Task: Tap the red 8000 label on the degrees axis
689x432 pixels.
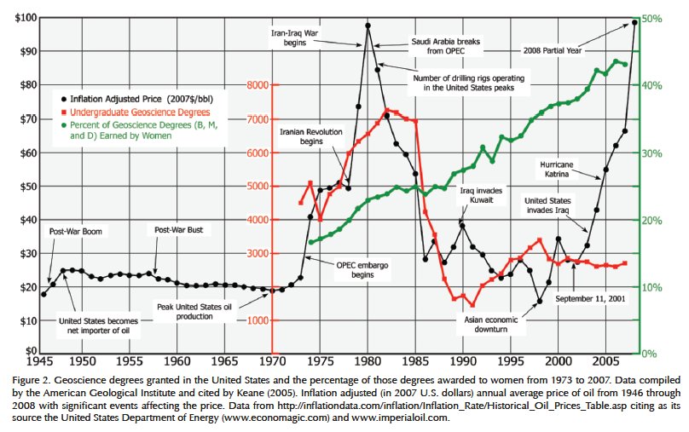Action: [257, 85]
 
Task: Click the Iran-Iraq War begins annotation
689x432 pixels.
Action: [294, 37]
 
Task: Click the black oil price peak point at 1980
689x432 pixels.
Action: [368, 26]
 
